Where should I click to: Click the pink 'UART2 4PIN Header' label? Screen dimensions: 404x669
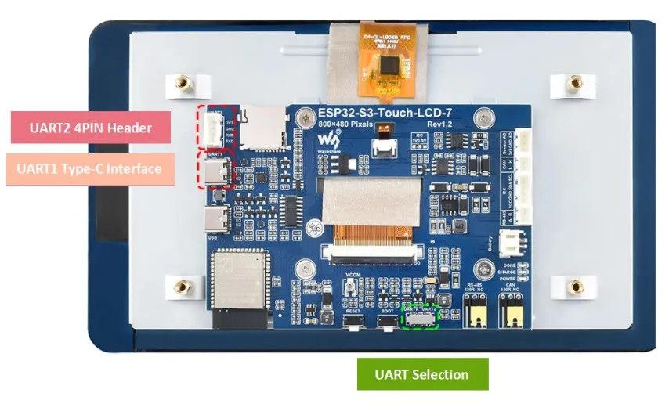(90, 127)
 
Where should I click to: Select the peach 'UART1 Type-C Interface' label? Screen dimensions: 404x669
(90, 168)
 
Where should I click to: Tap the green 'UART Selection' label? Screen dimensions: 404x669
(422, 374)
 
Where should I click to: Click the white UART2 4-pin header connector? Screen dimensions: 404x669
(213, 128)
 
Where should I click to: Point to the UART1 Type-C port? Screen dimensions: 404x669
(215, 172)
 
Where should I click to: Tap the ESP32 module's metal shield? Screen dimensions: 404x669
(237, 281)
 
